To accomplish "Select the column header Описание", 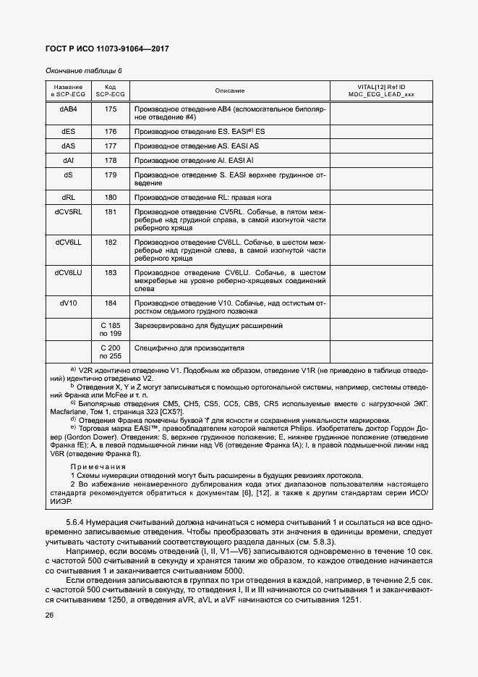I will click(230, 91).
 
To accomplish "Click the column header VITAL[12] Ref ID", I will click(381, 87).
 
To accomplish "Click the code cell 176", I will click(111, 132).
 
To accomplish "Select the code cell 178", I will click(111, 161).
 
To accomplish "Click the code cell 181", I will click(111, 211).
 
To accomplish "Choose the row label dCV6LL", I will click(68, 242).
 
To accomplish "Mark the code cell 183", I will click(111, 272).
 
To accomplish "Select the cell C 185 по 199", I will click(111, 330).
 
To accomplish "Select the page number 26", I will click(49, 615).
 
